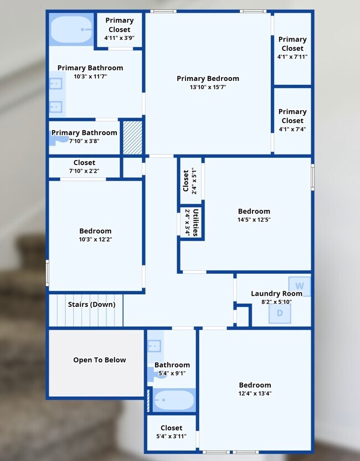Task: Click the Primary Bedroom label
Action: pos(208,79)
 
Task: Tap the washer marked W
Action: pos(300,286)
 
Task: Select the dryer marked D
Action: pos(280,314)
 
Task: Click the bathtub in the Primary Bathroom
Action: pos(71,29)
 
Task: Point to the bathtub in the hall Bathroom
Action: pos(174,400)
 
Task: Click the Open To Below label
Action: pos(100,360)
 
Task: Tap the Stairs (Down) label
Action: pos(92,304)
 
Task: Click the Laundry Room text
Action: pos(276,294)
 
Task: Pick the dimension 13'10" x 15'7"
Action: pos(208,87)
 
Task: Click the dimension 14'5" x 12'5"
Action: pos(254,219)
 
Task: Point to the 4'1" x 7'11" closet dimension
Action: pos(292,57)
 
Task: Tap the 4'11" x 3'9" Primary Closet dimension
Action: pos(119,38)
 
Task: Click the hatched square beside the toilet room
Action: pos(132,137)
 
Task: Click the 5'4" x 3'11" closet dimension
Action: pos(171,436)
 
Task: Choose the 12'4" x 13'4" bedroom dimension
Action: pos(255,393)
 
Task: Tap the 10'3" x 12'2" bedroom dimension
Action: pos(95,239)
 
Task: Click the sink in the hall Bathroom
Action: pos(155,346)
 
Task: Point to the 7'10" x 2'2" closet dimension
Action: pos(84,171)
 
